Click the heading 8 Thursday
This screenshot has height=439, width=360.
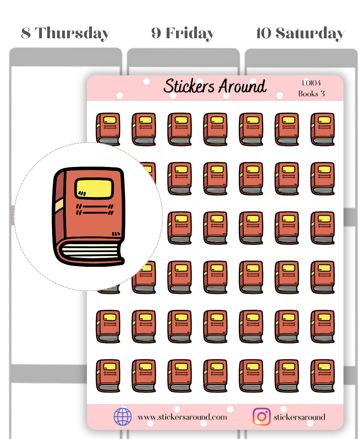(65, 33)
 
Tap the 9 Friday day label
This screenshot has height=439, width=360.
(183, 33)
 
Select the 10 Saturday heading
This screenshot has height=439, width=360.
(300, 33)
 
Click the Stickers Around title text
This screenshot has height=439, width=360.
(215, 86)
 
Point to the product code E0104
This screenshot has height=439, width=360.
(311, 83)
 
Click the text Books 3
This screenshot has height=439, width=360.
(311, 94)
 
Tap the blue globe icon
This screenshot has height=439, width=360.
(123, 417)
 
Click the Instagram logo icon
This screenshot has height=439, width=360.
(261, 417)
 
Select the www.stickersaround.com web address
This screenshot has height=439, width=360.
(182, 417)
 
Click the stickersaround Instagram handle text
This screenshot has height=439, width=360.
(299, 417)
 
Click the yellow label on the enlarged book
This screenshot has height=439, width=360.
(94, 189)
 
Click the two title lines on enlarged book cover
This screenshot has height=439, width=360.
(95, 210)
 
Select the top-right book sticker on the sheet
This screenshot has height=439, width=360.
(322, 129)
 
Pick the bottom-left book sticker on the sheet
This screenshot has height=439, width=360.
(108, 376)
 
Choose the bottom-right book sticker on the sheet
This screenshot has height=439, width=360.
(322, 376)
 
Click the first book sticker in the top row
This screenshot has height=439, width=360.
(108, 129)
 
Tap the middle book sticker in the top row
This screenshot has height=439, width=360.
(215, 129)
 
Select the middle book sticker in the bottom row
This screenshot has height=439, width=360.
(215, 376)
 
